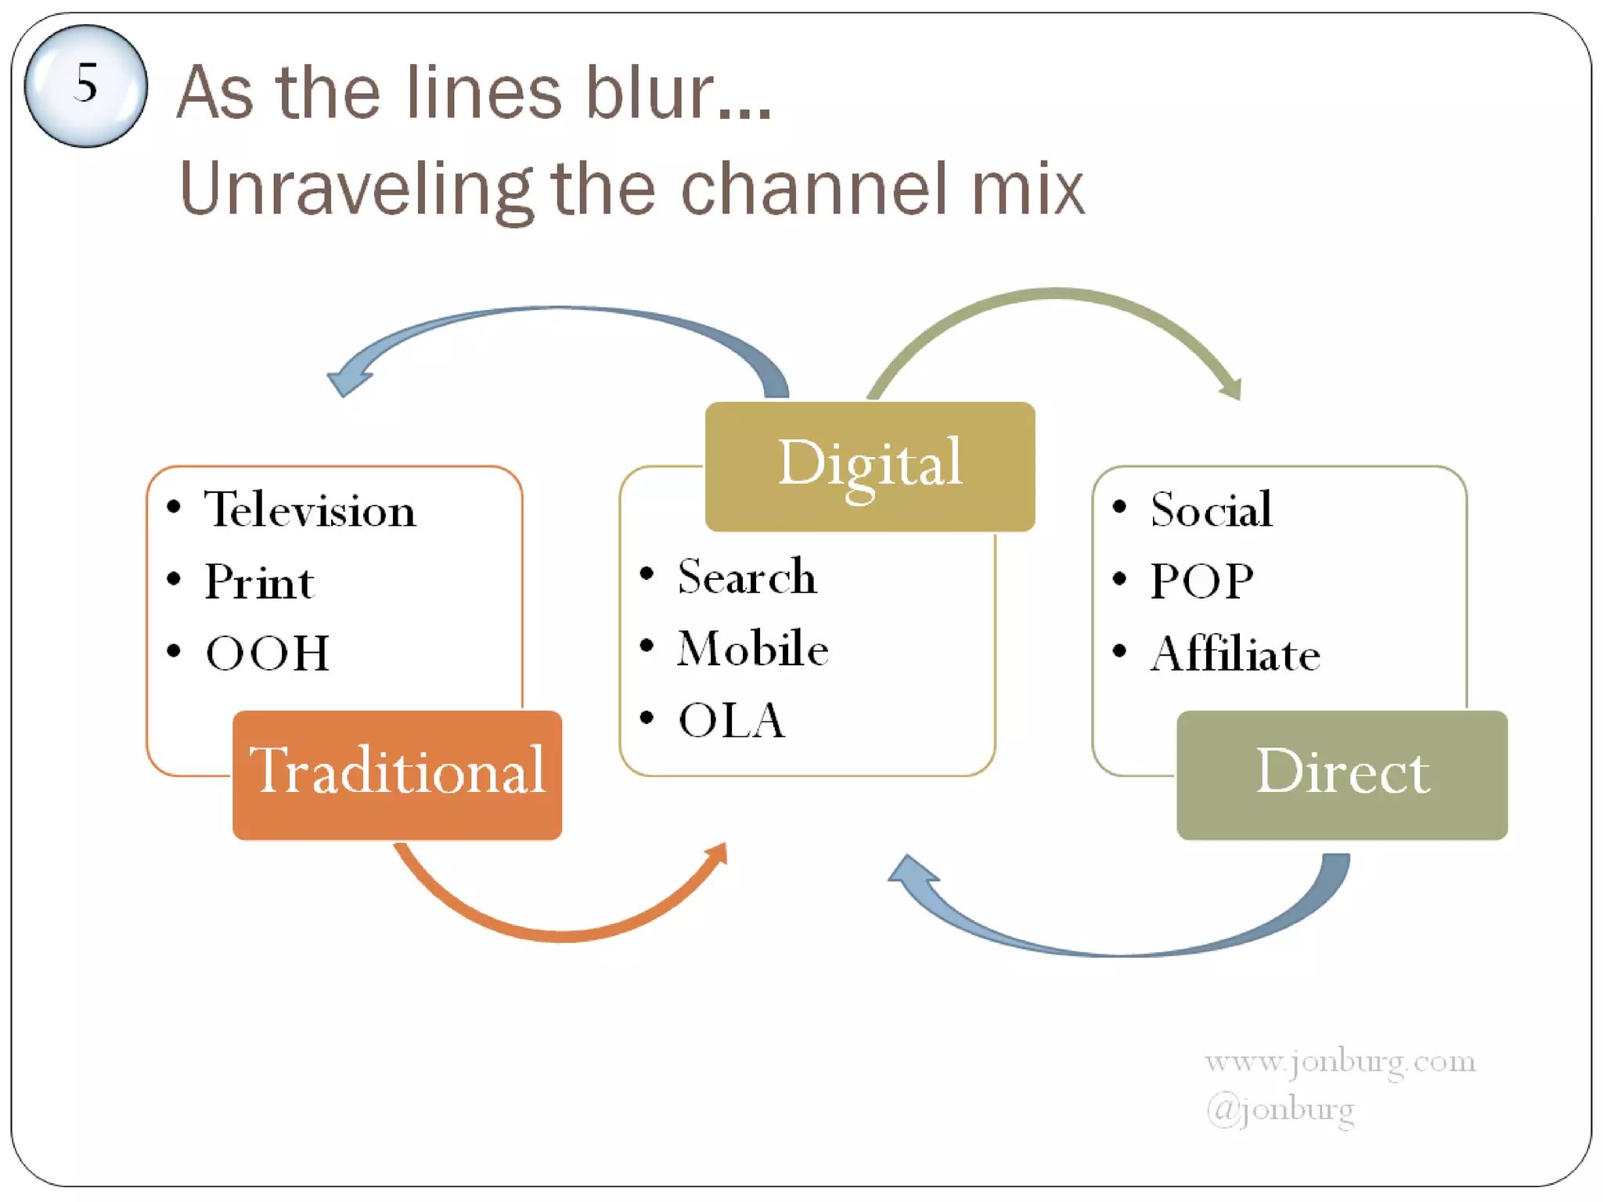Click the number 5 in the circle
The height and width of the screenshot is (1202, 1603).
85,84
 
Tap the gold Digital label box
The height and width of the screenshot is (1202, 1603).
870,466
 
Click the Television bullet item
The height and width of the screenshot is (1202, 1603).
310,510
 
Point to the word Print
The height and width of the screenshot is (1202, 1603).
259,582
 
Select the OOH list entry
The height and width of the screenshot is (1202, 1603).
267,653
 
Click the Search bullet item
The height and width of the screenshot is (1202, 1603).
746,578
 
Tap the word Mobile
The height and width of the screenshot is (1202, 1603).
752,649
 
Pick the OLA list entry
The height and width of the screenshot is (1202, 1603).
731,721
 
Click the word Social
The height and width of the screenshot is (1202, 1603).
1211,510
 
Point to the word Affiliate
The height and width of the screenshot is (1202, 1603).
1235,654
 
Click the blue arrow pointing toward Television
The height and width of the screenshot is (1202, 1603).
548,311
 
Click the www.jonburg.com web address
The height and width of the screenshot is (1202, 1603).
1339,1062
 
